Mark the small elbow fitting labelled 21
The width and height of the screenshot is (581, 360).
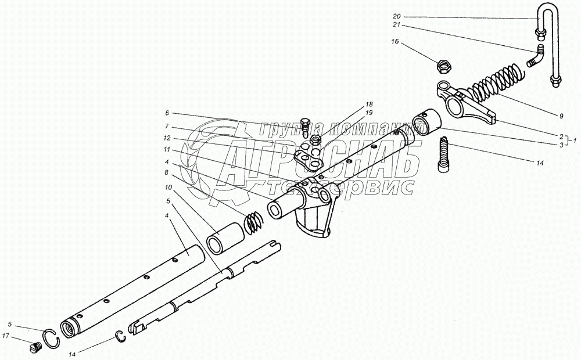click(536, 56)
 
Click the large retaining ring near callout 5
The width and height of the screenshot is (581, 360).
click(52, 336)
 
